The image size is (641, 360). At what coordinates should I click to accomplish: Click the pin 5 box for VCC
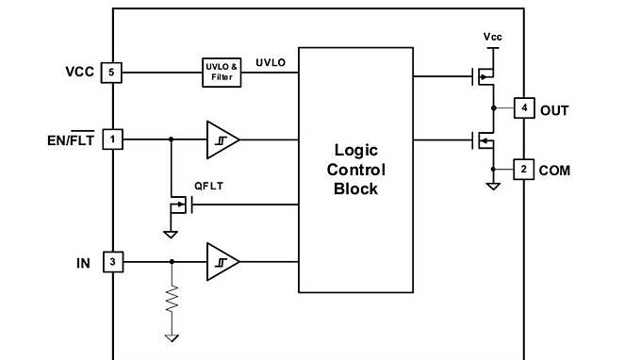click(x=113, y=73)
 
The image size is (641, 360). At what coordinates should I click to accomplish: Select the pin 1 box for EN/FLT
click(x=113, y=139)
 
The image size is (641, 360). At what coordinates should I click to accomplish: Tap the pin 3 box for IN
click(x=113, y=261)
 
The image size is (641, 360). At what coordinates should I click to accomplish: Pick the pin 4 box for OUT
click(x=524, y=109)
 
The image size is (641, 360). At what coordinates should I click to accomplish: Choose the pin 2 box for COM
click(x=524, y=170)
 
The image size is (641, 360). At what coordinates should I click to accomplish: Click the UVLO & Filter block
click(x=222, y=73)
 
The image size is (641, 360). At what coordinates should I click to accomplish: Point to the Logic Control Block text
click(x=355, y=170)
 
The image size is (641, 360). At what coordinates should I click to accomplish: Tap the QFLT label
click(x=208, y=186)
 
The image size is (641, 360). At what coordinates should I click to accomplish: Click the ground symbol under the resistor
click(x=172, y=335)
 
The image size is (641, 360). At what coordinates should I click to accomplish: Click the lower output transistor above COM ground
click(x=483, y=141)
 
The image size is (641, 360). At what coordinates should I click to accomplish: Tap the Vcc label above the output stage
click(x=492, y=37)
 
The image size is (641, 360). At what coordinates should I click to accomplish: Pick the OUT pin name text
click(x=554, y=110)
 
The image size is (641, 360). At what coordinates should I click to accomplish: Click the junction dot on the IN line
click(x=172, y=261)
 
